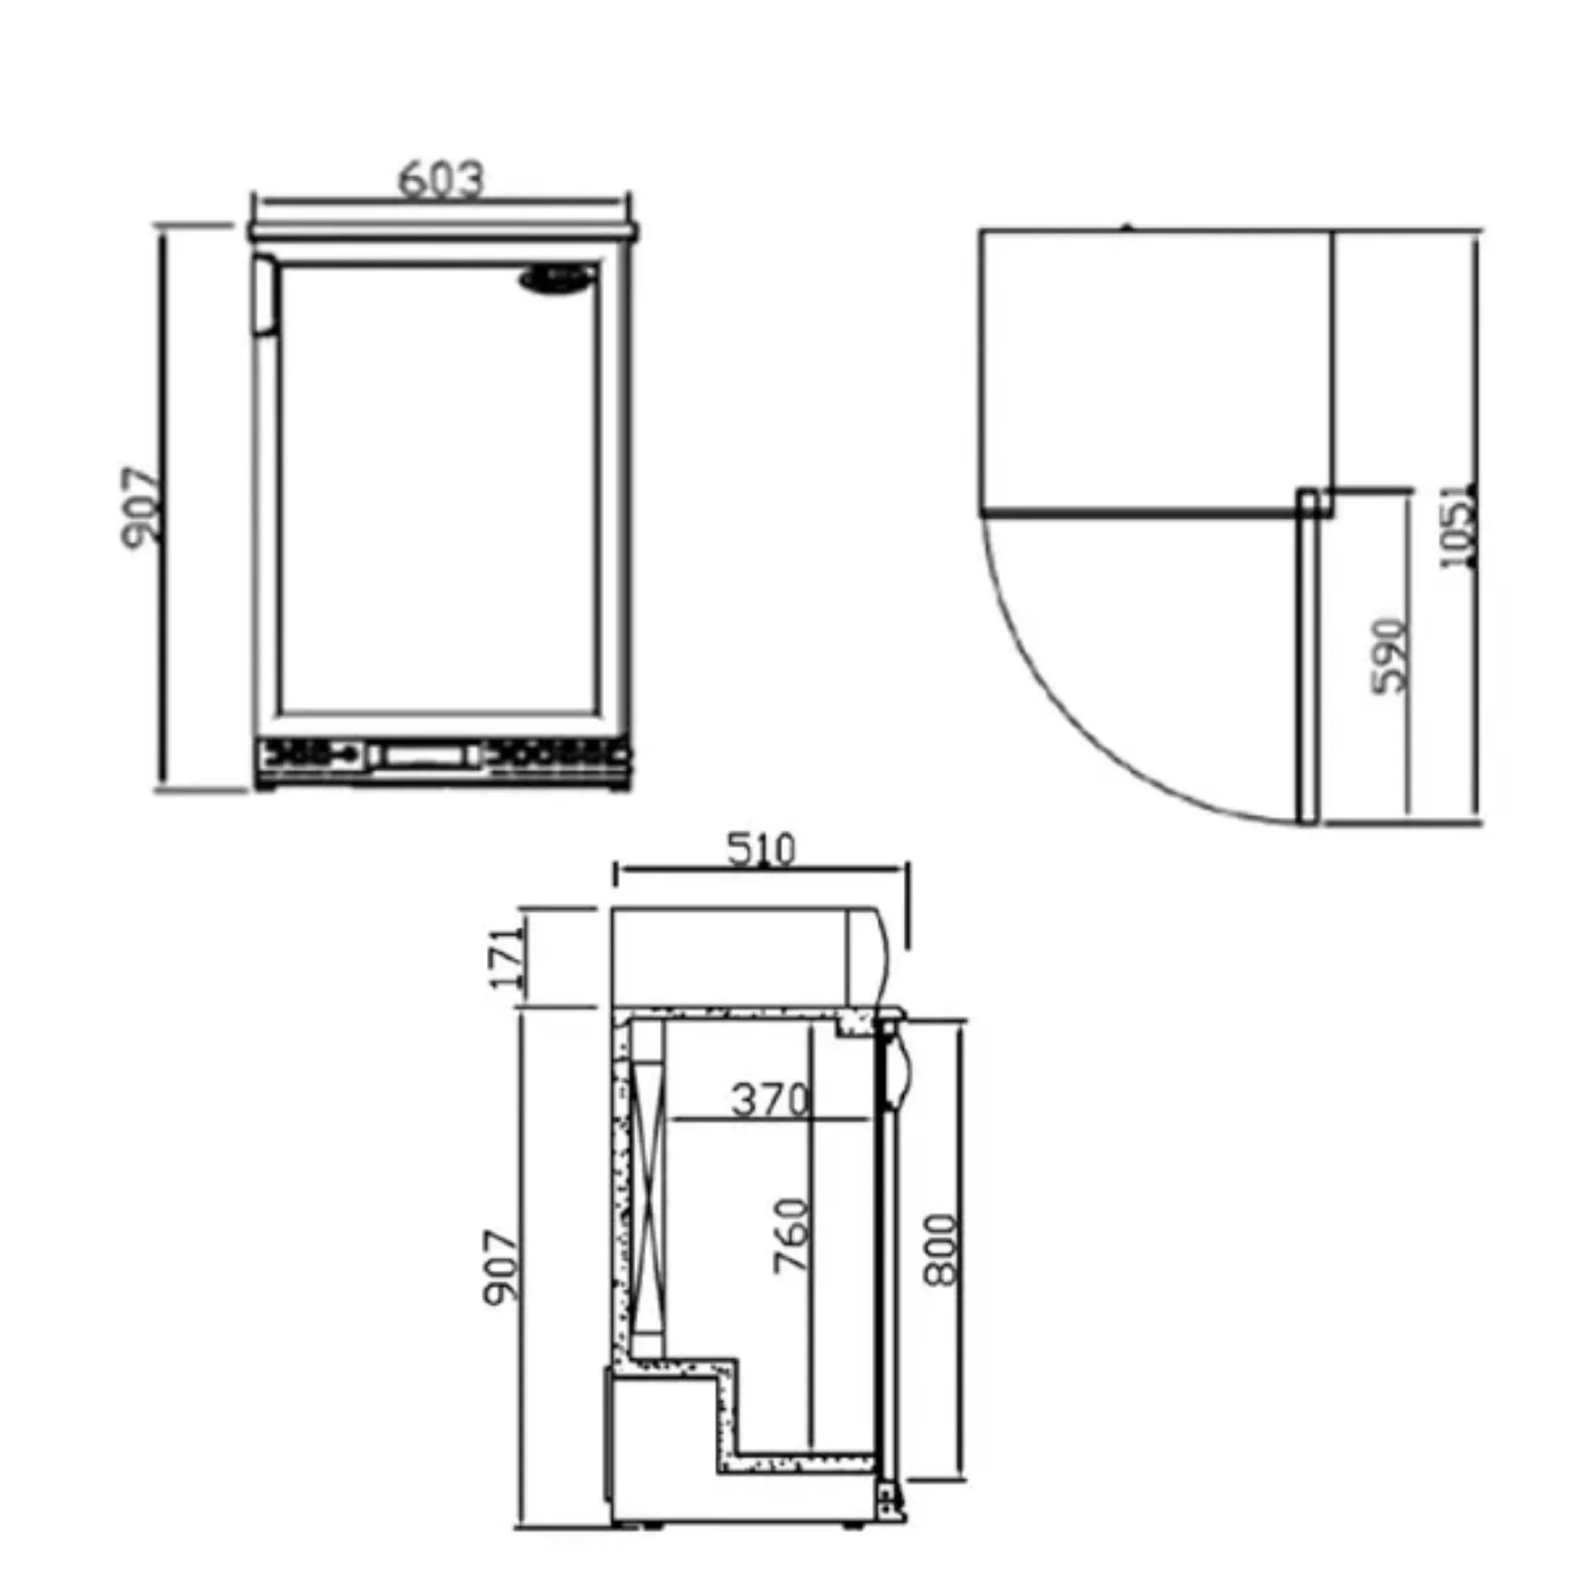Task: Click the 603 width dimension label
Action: (441, 180)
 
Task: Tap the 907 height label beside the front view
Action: (141, 508)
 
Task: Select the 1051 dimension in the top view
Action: (1457, 525)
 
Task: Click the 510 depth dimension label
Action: (761, 849)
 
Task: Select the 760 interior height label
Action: (790, 1235)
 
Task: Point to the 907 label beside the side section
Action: (501, 1269)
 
